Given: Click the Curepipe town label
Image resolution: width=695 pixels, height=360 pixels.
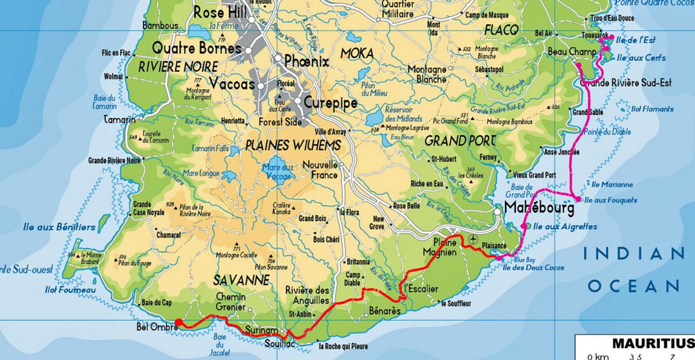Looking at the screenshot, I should pos(330,103).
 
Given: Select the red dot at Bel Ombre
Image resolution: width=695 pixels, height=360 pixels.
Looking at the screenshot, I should pos(179,322).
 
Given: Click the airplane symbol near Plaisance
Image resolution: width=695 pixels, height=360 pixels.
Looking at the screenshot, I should pos(472,239).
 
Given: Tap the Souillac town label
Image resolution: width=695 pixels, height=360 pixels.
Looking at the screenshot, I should pos(280,344).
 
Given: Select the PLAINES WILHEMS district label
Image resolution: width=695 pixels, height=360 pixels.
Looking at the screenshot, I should pos(293,145).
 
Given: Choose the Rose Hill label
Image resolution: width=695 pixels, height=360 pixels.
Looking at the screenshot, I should pos(220,12).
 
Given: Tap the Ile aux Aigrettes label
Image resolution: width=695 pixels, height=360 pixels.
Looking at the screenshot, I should pos(565,226).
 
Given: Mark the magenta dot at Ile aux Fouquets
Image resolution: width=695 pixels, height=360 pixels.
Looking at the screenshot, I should pos(578,199).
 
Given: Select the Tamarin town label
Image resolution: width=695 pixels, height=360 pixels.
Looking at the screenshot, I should pos(119,120).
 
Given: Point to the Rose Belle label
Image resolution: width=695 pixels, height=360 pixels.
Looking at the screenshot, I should pos(407,206).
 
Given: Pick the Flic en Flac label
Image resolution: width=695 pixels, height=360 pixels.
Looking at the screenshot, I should pos(115,53).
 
